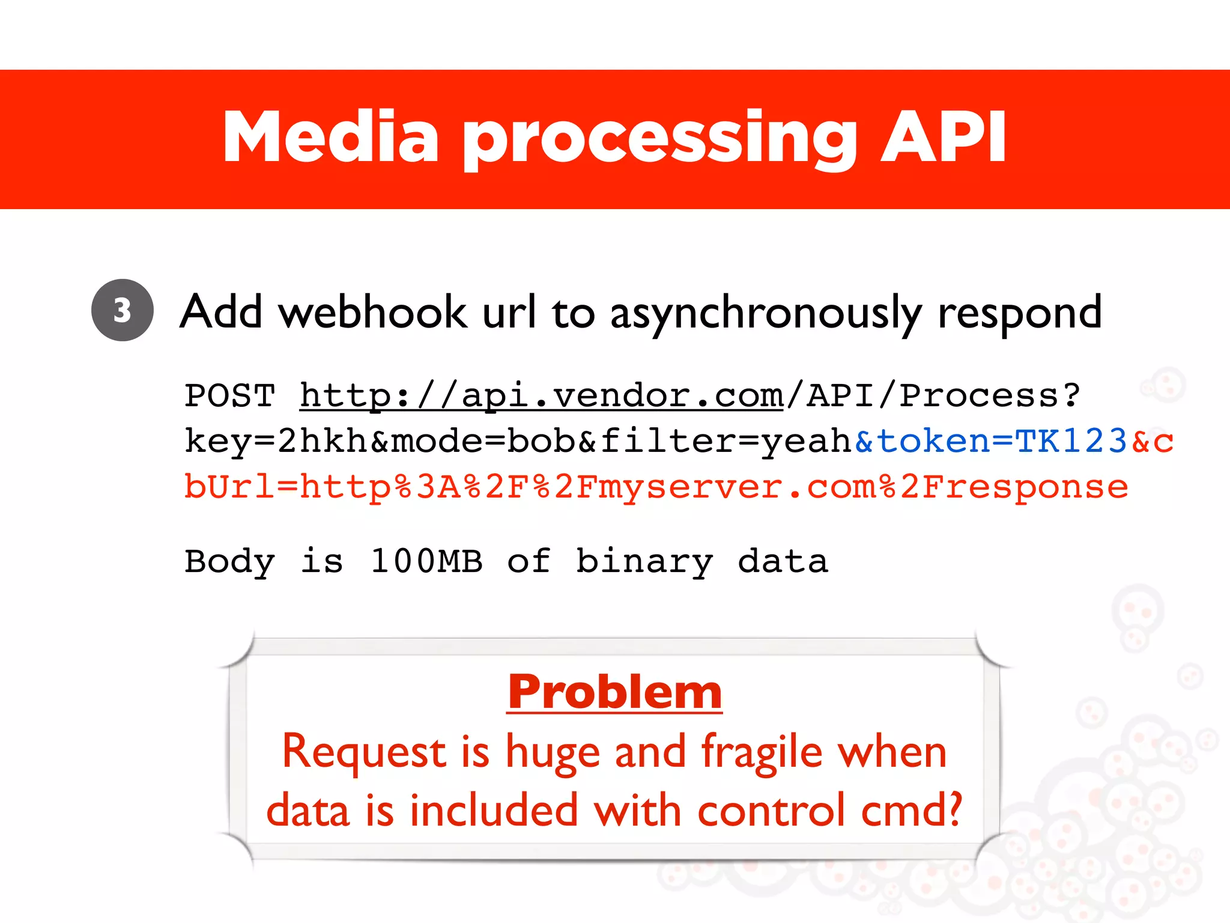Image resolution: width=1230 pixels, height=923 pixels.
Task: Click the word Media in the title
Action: pos(331,138)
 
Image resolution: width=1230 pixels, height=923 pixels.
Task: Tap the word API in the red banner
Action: pos(944,138)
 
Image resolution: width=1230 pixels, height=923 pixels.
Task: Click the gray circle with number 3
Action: pos(123,310)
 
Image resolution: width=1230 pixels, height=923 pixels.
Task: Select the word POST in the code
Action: pos(229,396)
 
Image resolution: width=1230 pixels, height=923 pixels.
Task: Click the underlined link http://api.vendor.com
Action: pos(541,396)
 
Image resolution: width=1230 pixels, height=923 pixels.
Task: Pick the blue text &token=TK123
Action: pos(991,441)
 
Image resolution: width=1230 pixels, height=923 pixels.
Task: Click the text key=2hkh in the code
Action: pos(275,441)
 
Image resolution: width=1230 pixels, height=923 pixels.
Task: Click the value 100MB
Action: pos(426,561)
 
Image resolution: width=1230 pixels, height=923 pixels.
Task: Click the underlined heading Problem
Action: pos(614,692)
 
